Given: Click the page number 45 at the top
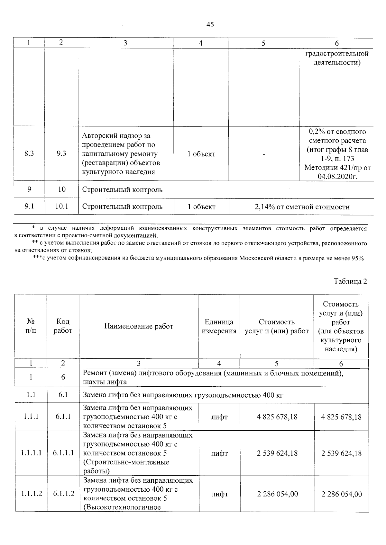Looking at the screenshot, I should tap(210, 25).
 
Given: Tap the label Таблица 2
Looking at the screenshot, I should tap(350, 281).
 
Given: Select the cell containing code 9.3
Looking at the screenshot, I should tap(61, 154).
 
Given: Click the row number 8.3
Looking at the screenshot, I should tap(29, 154).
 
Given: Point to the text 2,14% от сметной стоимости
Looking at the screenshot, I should tap(302, 207).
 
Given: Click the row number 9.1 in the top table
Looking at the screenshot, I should tap(29, 207).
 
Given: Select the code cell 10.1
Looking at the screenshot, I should tap(61, 207).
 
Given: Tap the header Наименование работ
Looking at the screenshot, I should tap(139, 326).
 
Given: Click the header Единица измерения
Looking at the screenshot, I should tap(219, 326).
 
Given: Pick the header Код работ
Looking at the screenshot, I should tap(63, 326).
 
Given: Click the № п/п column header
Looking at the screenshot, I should tap(31, 326).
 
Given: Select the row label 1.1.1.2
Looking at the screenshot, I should tap(32, 494).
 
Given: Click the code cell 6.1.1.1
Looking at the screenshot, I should tap(63, 453).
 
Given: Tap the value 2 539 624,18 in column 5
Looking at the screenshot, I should tap(277, 453).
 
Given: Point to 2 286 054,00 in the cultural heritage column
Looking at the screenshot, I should tap(341, 494).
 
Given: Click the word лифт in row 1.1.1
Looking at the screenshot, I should tap(219, 417).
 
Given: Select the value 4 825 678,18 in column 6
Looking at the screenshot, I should tap(341, 417).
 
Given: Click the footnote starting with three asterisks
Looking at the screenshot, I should tap(198, 258).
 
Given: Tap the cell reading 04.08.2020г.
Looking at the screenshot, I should tap(337, 176).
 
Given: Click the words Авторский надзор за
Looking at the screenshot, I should tap(116, 136).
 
